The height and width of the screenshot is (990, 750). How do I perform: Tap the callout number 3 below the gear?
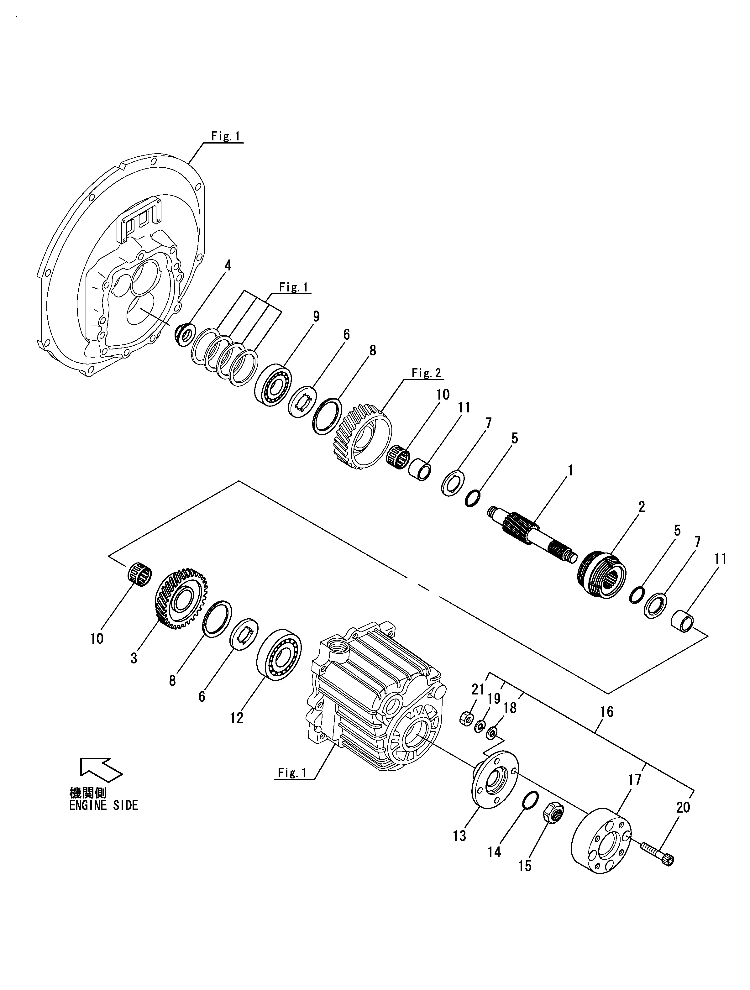tap(134, 658)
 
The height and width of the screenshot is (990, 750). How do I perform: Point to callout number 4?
tap(228, 265)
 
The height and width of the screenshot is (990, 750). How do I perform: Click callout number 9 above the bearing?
tap(316, 317)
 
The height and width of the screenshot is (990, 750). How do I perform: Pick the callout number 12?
tap(237, 718)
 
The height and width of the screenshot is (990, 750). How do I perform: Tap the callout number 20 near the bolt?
tap(683, 807)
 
